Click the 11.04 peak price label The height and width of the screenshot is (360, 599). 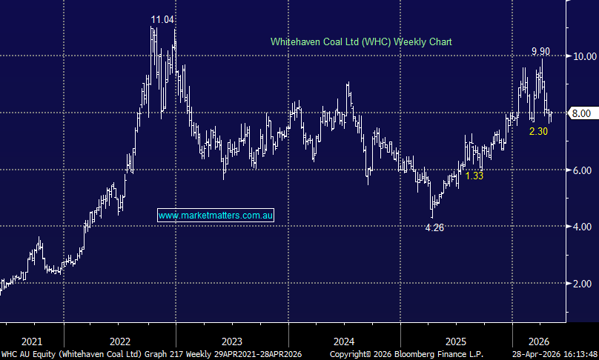click(x=163, y=19)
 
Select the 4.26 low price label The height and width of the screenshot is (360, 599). click(x=434, y=227)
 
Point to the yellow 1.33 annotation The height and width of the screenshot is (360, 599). click(x=474, y=176)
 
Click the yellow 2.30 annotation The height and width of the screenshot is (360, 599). click(x=538, y=131)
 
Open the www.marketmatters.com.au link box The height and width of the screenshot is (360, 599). click(x=216, y=215)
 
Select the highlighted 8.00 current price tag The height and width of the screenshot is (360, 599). click(x=581, y=113)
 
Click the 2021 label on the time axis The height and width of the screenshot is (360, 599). click(x=32, y=341)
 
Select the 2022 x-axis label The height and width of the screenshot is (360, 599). click(x=120, y=341)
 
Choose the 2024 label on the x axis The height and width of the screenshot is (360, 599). click(x=344, y=341)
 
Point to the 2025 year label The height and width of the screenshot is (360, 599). click(x=456, y=341)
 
